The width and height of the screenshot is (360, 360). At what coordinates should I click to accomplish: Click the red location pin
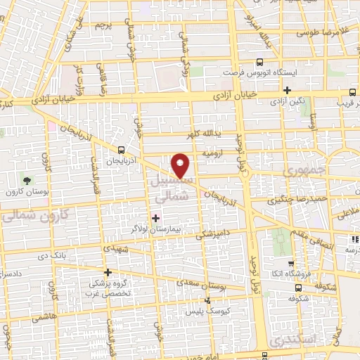(x=181, y=165)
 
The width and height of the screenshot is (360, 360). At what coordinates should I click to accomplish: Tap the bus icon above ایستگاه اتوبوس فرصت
(x=260, y=62)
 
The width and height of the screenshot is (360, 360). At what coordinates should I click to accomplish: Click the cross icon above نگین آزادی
(x=287, y=90)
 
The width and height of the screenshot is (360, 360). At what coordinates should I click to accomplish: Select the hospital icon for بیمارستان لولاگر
(x=155, y=218)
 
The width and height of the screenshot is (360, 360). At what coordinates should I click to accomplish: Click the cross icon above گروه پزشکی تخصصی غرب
(x=108, y=272)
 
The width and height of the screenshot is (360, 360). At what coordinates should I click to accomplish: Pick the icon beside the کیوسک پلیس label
(x=205, y=300)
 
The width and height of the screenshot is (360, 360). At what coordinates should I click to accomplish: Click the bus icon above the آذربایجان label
(x=122, y=150)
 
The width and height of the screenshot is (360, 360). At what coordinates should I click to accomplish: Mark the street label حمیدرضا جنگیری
(x=287, y=200)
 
